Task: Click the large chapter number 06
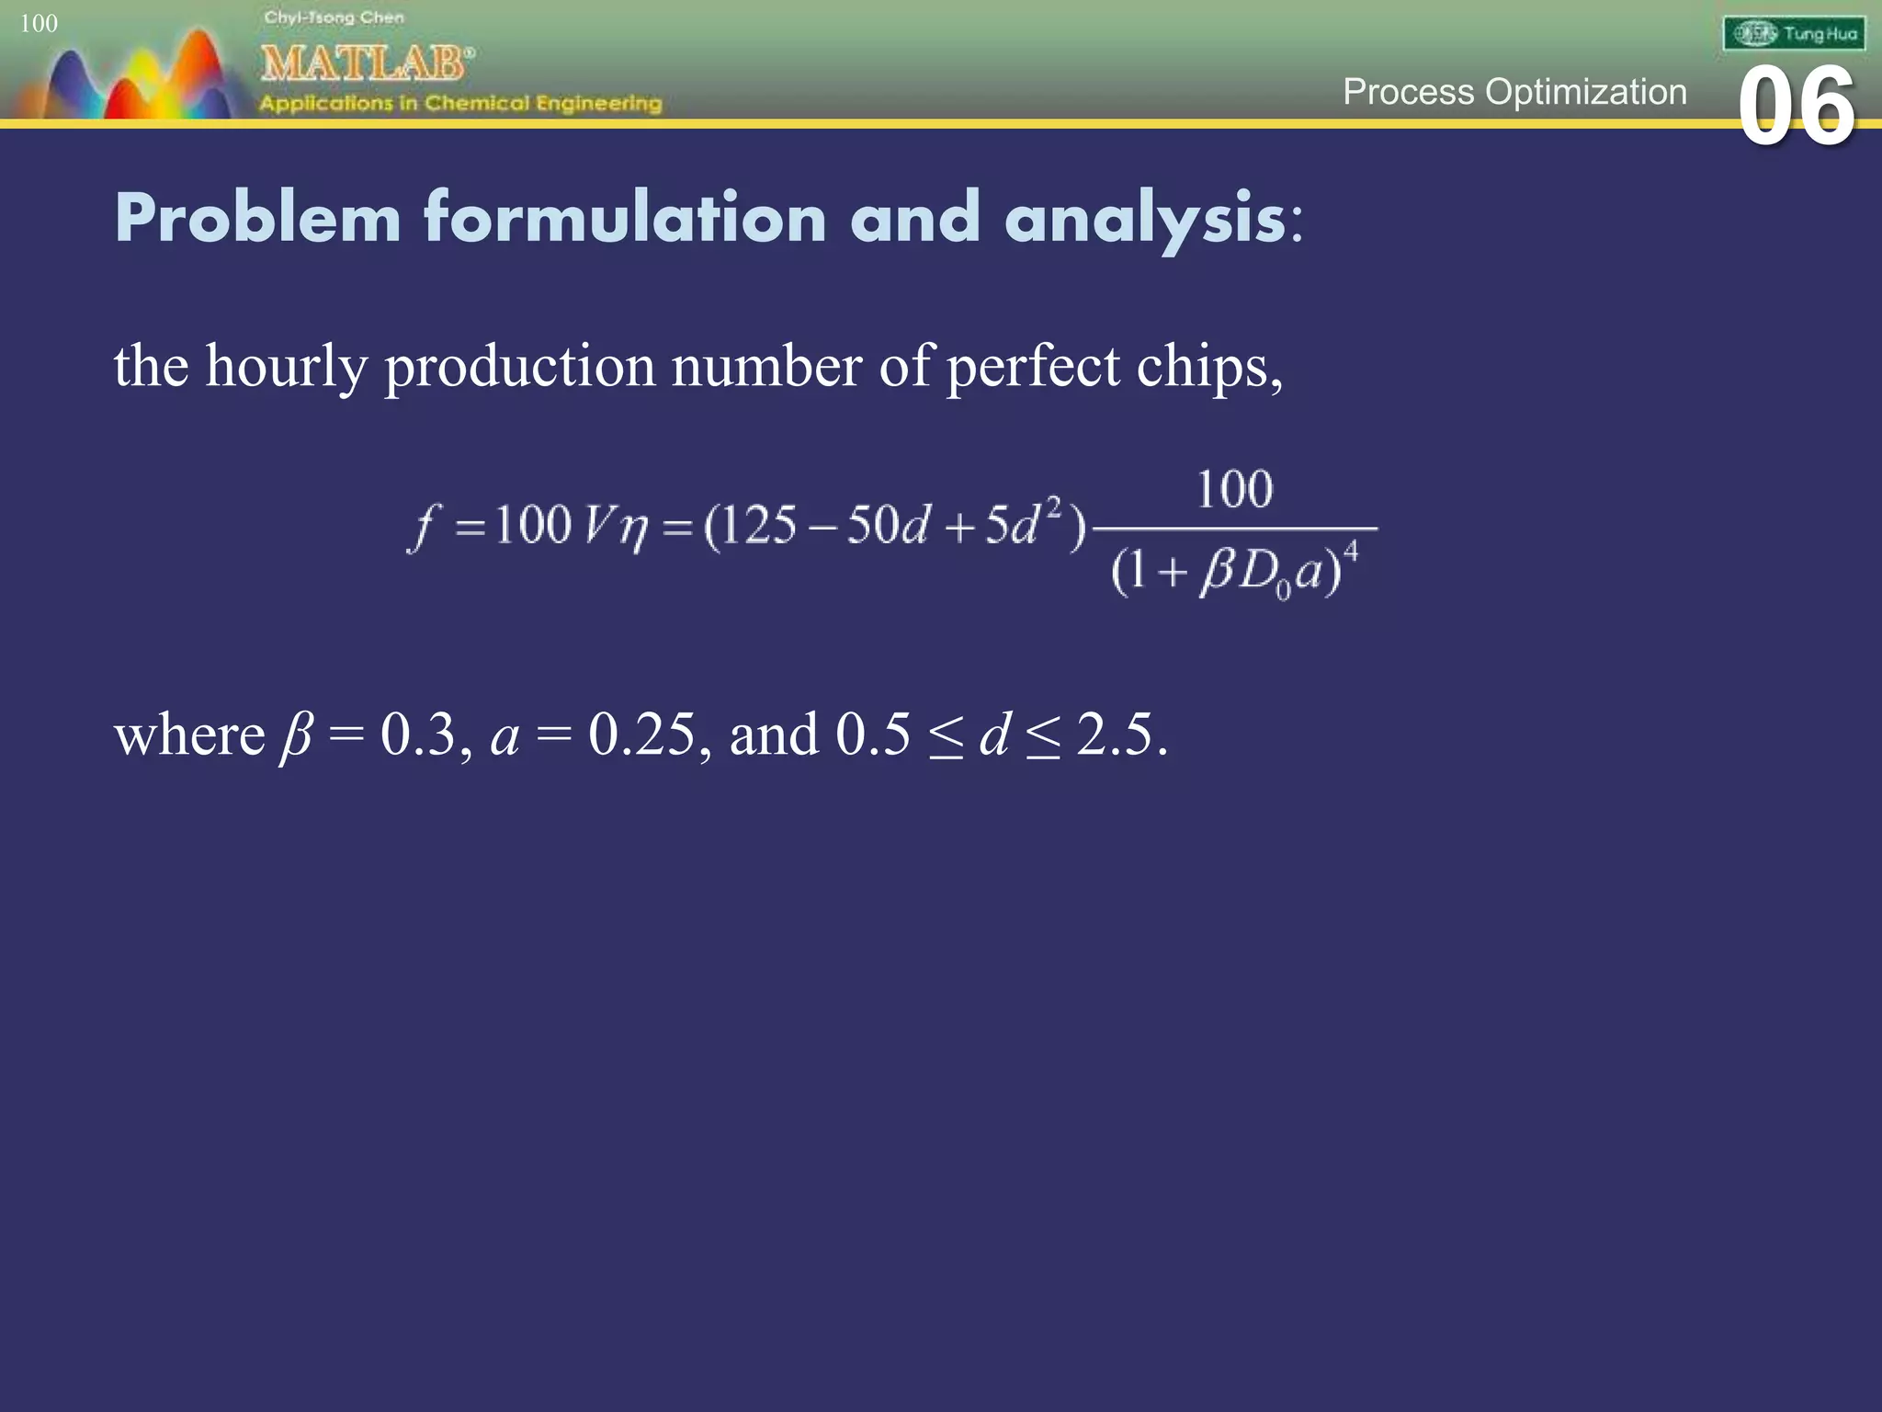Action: [x=1797, y=108]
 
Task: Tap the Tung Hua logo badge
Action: [x=1794, y=34]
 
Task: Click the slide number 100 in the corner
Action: [x=39, y=23]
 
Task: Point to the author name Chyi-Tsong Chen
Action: [x=334, y=17]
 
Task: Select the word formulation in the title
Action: [x=625, y=218]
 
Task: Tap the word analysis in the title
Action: [x=1145, y=220]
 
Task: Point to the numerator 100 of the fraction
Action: [x=1234, y=489]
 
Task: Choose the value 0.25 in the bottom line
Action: [x=641, y=734]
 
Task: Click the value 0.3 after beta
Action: [x=418, y=734]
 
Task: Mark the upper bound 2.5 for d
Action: [x=1114, y=734]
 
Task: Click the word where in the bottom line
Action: [x=189, y=734]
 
